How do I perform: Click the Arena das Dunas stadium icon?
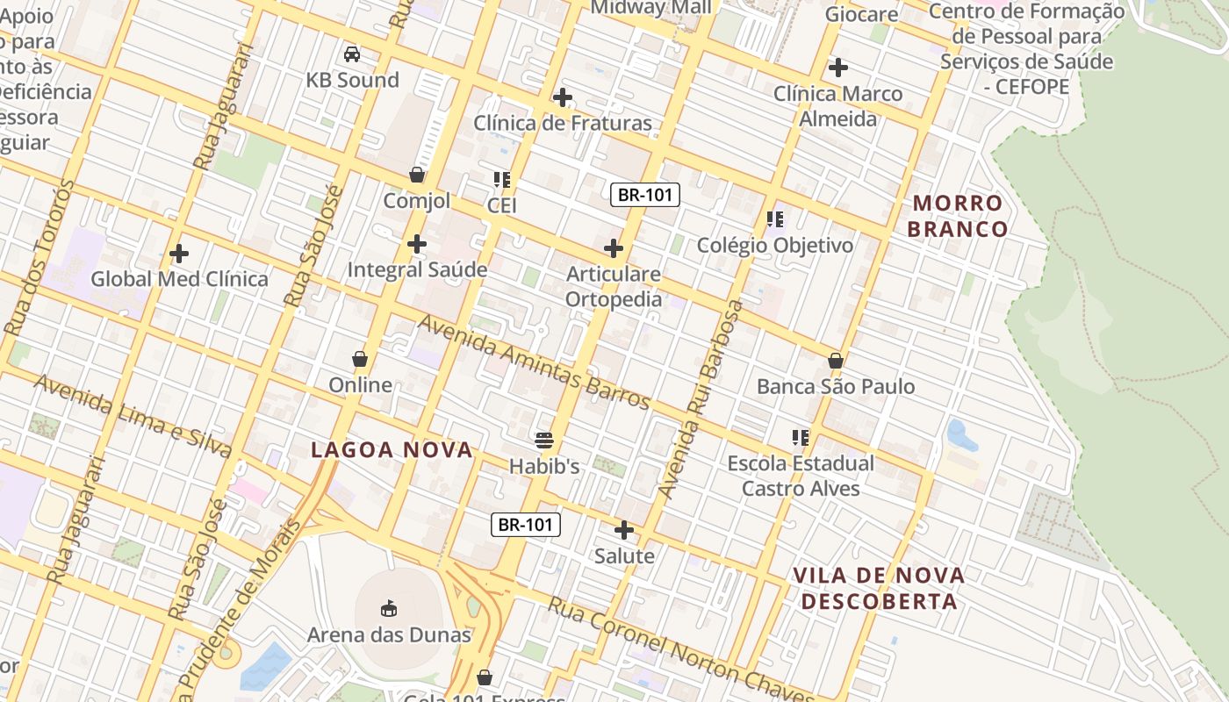click(x=389, y=607)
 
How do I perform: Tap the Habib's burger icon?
click(x=544, y=440)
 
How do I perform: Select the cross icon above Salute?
click(x=624, y=530)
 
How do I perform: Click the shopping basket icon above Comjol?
click(x=417, y=175)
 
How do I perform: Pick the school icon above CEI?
click(x=502, y=180)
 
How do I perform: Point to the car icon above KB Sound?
click(x=352, y=54)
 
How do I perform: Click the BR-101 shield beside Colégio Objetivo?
click(x=645, y=195)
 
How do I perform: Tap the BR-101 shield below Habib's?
click(x=525, y=525)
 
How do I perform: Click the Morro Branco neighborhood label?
click(x=957, y=216)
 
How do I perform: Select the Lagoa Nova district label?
click(x=392, y=450)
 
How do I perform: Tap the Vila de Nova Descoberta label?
click(x=879, y=588)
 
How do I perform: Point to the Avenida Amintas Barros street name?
click(x=534, y=361)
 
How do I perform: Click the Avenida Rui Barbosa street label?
click(x=701, y=399)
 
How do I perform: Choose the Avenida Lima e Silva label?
click(x=133, y=416)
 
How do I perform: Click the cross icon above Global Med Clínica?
click(x=179, y=254)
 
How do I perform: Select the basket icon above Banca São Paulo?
click(x=836, y=361)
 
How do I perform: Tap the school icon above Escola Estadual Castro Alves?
click(x=800, y=437)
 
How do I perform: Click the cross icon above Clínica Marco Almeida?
click(x=838, y=67)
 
